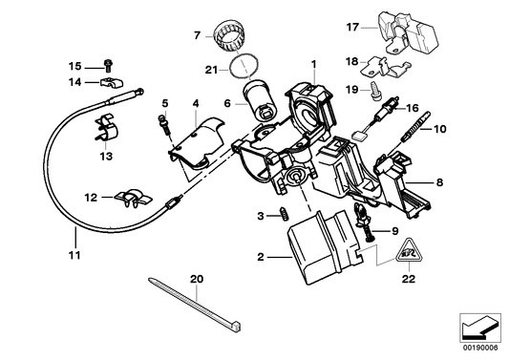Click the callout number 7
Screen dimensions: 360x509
click(x=197, y=35)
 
